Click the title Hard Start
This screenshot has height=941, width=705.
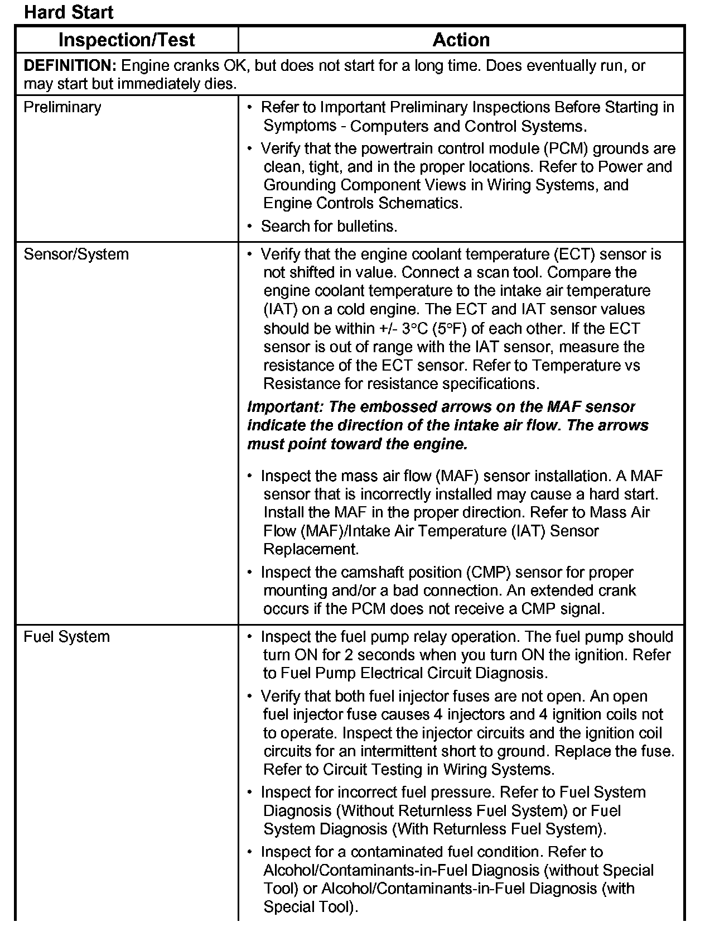point(69,12)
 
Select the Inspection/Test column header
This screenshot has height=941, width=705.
point(127,40)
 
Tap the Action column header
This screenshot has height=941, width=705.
point(461,40)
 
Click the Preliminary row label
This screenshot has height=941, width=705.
point(62,107)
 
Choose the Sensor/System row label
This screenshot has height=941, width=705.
point(76,255)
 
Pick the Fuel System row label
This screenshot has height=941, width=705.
point(66,637)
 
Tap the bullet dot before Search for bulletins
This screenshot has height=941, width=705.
point(250,226)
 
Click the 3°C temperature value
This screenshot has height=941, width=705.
point(417,328)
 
